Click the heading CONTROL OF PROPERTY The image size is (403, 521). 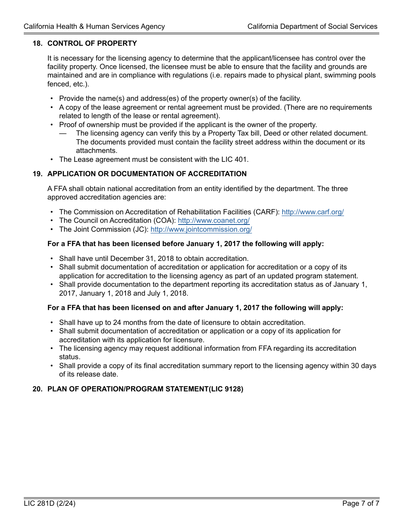[x=92, y=43]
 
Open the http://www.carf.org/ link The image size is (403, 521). [x=313, y=212]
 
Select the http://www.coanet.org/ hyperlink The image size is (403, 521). [x=213, y=221]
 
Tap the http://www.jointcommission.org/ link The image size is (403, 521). [x=201, y=229]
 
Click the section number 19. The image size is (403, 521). [x=37, y=174]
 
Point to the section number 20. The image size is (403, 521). [x=37, y=389]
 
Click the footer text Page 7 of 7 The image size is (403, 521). [x=361, y=504]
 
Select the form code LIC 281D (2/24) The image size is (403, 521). [x=50, y=504]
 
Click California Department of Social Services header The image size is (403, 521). [x=312, y=26]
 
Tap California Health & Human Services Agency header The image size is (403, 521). [x=94, y=26]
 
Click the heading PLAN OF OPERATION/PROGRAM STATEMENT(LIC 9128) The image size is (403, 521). [x=145, y=389]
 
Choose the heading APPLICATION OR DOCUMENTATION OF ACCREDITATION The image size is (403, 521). [x=147, y=174]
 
